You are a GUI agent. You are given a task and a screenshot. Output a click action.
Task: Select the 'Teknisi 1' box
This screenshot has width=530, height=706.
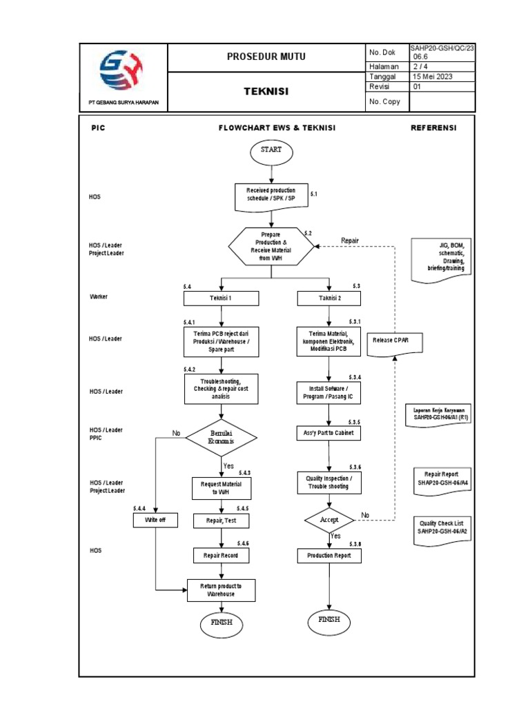(x=221, y=299)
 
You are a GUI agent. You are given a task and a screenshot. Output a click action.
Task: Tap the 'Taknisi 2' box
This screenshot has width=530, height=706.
(x=328, y=299)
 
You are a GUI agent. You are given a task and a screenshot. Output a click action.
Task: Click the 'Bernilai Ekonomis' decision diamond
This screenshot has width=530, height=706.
(x=222, y=436)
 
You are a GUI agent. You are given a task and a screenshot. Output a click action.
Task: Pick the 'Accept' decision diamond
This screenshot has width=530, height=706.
(x=329, y=519)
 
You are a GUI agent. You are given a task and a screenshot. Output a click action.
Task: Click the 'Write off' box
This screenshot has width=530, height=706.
(x=155, y=520)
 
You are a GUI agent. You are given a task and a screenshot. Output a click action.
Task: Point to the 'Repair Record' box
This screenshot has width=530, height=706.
(x=221, y=555)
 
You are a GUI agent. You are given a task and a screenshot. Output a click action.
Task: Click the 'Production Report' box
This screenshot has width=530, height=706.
(x=329, y=555)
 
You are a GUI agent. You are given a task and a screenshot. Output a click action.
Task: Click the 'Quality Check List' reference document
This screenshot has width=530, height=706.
(x=442, y=529)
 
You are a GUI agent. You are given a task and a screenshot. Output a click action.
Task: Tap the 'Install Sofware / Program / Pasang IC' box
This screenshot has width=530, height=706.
(x=329, y=393)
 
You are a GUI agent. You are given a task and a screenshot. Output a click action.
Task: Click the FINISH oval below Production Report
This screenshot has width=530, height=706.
(x=329, y=620)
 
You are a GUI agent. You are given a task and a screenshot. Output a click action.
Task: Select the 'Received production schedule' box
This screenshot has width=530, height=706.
(x=271, y=194)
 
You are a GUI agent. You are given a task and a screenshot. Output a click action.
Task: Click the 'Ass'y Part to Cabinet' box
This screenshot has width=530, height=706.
(x=329, y=434)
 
